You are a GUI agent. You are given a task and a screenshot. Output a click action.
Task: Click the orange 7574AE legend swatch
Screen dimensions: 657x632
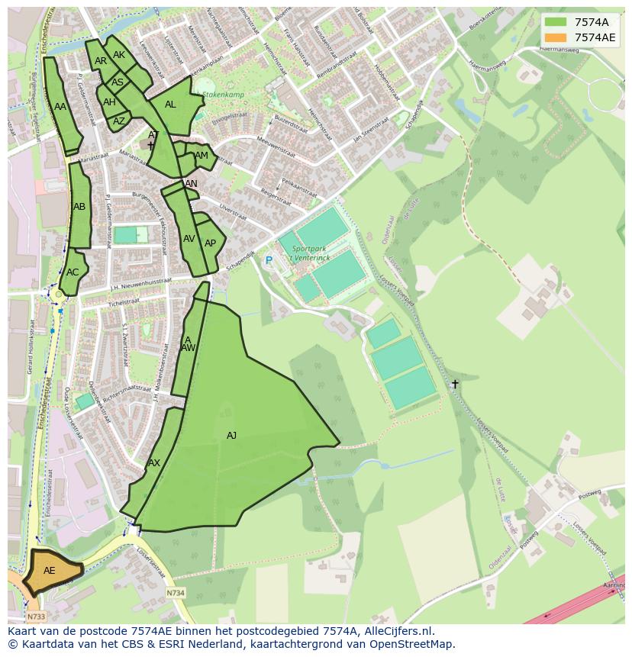click(x=556, y=37)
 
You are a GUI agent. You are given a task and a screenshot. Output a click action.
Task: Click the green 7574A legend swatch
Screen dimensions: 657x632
click(x=556, y=22)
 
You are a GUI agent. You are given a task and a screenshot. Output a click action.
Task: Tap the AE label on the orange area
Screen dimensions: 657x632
click(x=50, y=570)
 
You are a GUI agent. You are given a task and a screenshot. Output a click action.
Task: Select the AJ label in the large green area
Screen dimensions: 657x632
click(x=231, y=436)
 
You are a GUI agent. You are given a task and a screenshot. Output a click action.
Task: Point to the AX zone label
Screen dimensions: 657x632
click(x=154, y=463)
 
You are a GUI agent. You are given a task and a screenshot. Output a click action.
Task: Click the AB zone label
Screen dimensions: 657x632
click(x=79, y=207)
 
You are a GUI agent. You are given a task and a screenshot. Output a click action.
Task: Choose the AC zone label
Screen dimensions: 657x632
click(x=73, y=272)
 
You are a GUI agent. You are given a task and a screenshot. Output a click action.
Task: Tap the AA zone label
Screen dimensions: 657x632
click(x=60, y=108)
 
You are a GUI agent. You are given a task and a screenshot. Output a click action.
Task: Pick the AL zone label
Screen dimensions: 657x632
click(x=170, y=105)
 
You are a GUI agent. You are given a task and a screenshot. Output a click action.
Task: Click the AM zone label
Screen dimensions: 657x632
click(x=202, y=156)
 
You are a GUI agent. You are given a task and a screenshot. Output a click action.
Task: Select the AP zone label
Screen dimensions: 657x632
click(x=211, y=243)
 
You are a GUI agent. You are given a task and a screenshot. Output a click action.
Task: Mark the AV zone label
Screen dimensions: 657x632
click(x=189, y=239)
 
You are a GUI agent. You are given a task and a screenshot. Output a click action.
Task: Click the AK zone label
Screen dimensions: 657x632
click(x=119, y=55)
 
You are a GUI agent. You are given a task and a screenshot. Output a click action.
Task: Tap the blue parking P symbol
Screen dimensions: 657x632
click(x=269, y=260)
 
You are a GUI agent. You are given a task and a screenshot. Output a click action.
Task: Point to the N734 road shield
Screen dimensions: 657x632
click(x=176, y=592)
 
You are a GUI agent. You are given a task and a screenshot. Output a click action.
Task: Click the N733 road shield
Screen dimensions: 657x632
click(x=35, y=616)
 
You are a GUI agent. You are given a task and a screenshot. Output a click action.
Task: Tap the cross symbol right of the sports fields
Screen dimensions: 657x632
click(x=455, y=384)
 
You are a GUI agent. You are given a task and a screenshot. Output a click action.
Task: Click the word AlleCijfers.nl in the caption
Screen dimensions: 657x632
click(x=396, y=631)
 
